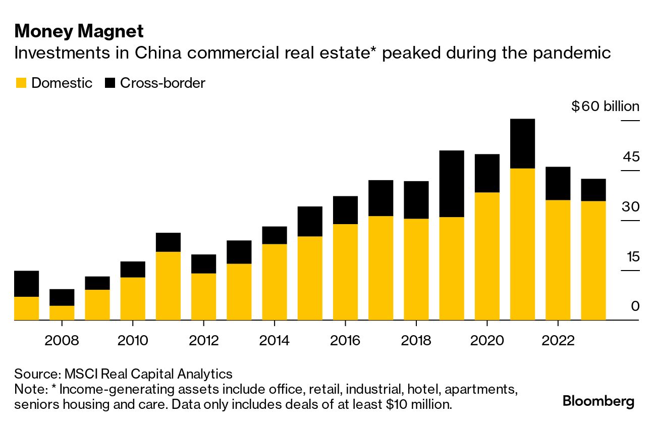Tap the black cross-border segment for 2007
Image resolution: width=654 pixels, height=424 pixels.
27,284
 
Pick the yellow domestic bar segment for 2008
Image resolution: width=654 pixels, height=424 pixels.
62,312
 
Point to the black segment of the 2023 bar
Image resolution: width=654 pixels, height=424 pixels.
593,190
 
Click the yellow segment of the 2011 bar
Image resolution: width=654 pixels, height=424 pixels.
168,286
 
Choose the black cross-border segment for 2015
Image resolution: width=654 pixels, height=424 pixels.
310,221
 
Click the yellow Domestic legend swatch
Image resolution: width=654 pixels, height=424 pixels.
21,83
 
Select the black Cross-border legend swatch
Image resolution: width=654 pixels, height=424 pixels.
110,83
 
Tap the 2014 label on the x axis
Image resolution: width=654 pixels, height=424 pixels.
274,341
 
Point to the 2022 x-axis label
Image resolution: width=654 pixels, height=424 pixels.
558,341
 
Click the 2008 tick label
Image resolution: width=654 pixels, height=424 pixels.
62,341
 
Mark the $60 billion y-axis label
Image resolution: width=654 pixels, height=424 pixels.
605,107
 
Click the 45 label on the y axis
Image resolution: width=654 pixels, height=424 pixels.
630,157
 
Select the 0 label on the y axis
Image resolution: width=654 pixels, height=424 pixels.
635,306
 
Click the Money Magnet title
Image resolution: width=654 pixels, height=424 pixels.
79,31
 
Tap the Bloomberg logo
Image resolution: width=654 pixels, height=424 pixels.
598,402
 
